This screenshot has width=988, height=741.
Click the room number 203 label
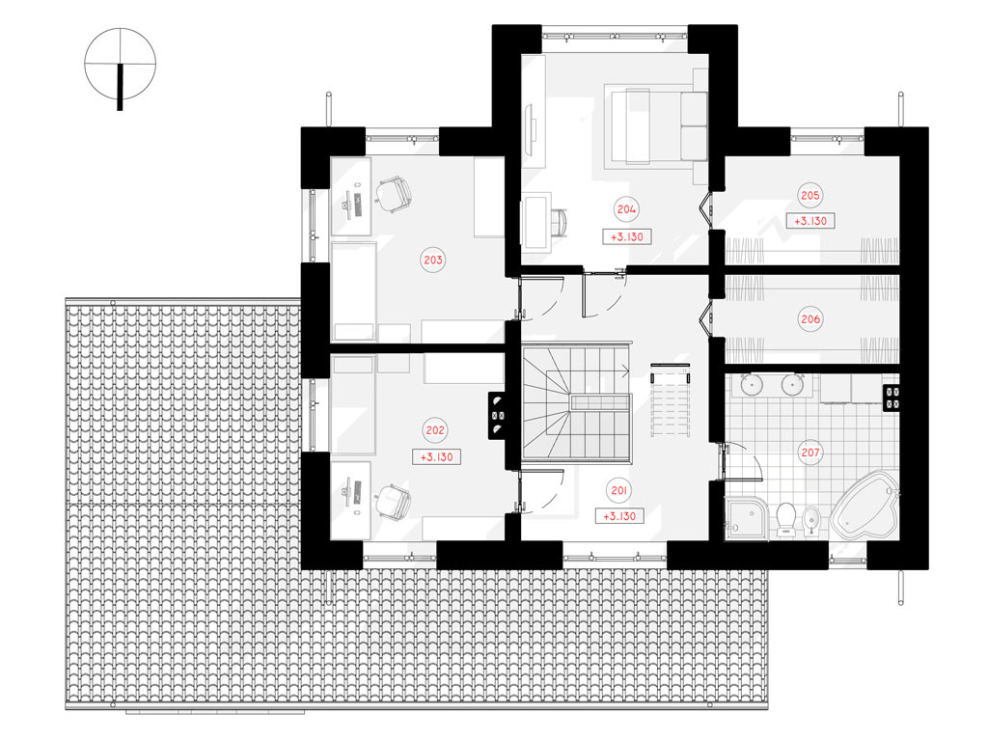click(x=433, y=260)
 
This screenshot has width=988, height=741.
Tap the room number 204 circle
click(x=626, y=209)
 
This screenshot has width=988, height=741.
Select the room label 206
click(x=810, y=318)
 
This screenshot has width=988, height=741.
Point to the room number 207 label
click(x=810, y=453)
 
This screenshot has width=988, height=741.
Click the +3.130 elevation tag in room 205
click(x=810, y=221)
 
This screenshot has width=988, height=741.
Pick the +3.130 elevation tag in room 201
click(x=620, y=516)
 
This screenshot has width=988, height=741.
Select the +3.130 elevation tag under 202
click(x=437, y=456)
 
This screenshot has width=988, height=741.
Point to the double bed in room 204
click(x=656, y=126)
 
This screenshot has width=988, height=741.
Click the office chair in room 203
click(x=394, y=192)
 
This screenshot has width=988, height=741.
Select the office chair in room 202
click(x=393, y=502)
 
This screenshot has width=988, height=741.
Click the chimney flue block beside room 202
click(x=497, y=415)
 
